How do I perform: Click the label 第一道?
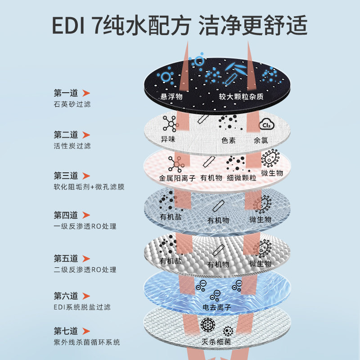[x=66, y=93]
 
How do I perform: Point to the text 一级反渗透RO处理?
[x=85, y=226]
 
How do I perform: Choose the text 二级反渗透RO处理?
[x=85, y=270]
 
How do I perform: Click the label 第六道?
[x=66, y=296]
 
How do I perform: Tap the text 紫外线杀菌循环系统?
[x=86, y=342]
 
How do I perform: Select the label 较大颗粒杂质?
[x=241, y=97]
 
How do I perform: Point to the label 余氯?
[x=261, y=140]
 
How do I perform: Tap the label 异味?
[x=168, y=140]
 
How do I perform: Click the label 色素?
[x=229, y=140]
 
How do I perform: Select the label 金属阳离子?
[x=179, y=178]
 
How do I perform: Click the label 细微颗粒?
[x=242, y=178]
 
